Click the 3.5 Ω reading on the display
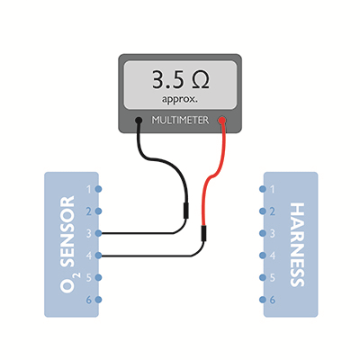(x=181, y=80)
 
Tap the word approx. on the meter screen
(x=180, y=100)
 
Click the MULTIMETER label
(x=180, y=121)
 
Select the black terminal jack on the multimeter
(x=139, y=121)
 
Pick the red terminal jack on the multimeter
(x=222, y=121)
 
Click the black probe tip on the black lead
(x=186, y=211)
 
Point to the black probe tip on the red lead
(x=203, y=233)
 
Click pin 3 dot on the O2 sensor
(x=98, y=233)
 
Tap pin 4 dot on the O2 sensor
(x=98, y=256)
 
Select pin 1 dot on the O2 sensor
(x=98, y=189)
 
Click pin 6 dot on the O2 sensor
(x=98, y=300)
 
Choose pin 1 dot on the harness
(x=263, y=189)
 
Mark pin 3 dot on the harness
(x=263, y=233)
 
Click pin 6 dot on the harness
(x=263, y=300)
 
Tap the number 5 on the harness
(x=273, y=278)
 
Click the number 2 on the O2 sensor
(x=89, y=211)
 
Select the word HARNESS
(x=298, y=245)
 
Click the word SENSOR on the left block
(x=67, y=231)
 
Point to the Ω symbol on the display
(x=200, y=80)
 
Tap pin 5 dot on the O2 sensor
(x=98, y=277)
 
